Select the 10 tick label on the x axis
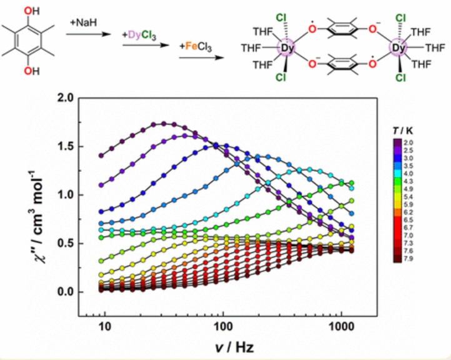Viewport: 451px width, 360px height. point(105,327)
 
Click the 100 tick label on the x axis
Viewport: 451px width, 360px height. point(222,327)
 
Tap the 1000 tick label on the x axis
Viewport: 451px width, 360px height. point(340,327)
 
